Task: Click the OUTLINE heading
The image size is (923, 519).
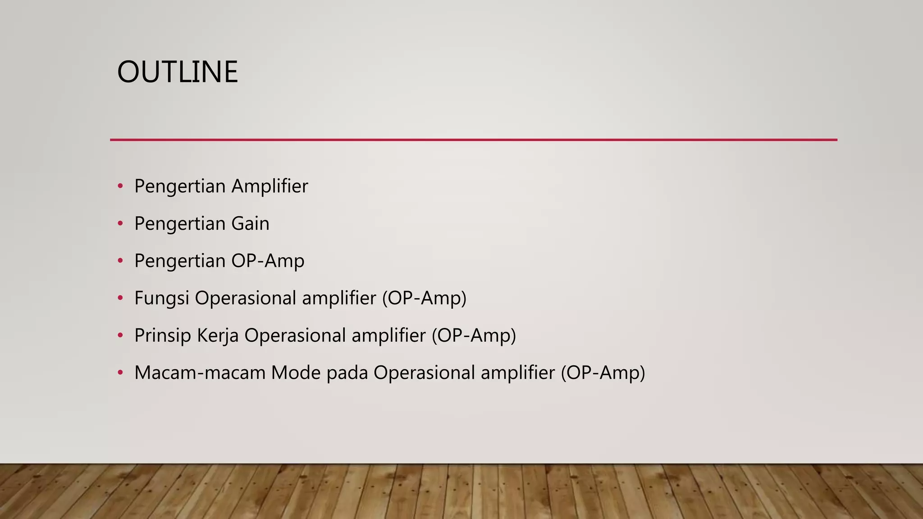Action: coord(177,72)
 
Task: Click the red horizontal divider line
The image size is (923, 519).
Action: coord(473,140)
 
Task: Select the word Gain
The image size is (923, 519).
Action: coord(250,223)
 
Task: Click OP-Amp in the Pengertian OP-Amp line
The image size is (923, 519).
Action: coord(268,261)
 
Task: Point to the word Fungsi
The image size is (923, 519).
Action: coord(161,298)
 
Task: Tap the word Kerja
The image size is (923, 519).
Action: coord(218,336)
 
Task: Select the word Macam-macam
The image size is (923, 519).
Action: coord(200,373)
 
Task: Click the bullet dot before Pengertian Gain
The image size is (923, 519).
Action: coord(120,223)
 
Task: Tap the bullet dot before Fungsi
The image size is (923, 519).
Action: coord(120,298)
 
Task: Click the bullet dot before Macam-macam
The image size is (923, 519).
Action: coord(120,373)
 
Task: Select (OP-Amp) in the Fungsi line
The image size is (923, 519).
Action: coord(424,298)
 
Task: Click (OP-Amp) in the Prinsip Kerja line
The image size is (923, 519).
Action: coord(474,336)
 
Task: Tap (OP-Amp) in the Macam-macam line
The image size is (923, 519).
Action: coord(603,373)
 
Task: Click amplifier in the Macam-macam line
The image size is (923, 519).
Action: coord(517,373)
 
